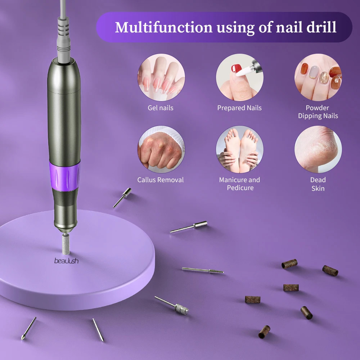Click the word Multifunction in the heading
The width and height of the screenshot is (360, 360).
click(163, 27)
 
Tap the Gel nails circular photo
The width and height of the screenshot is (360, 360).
click(161, 77)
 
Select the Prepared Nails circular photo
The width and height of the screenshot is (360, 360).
click(240, 77)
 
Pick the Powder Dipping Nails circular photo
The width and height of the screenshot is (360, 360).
click(318, 77)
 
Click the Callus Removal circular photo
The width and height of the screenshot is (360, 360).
click(161, 149)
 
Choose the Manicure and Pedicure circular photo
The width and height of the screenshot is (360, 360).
click(240, 149)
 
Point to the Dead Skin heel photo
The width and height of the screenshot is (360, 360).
click(318, 149)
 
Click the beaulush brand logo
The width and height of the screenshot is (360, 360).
click(66, 261)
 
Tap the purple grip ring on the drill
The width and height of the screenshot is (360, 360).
click(64, 176)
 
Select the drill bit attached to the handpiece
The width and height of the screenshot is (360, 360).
click(66, 244)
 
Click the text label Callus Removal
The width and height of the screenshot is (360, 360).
click(161, 180)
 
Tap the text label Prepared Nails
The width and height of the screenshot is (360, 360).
click(239, 108)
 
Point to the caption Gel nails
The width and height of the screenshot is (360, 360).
click(161, 108)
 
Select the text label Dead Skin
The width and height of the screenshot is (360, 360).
click(318, 184)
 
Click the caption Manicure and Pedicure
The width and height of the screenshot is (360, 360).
click(240, 184)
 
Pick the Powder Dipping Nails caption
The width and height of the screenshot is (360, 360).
click(318, 112)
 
